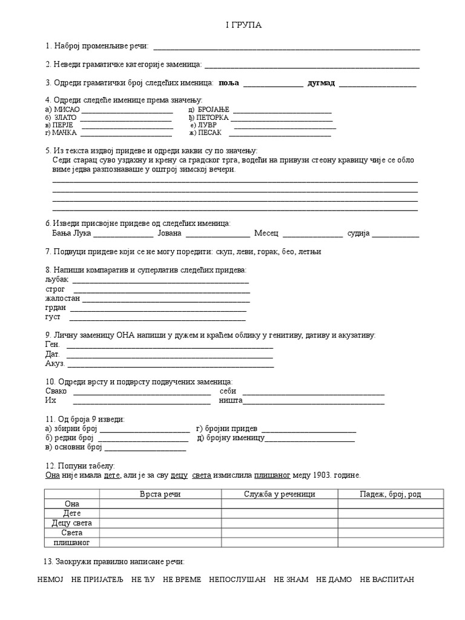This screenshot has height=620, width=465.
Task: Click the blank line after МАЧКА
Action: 127,133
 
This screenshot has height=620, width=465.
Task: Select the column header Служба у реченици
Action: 279,494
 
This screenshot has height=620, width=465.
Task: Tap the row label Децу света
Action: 72,523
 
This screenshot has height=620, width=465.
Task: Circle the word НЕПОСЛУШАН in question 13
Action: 237,579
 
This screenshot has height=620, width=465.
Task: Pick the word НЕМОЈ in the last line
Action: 50,579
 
